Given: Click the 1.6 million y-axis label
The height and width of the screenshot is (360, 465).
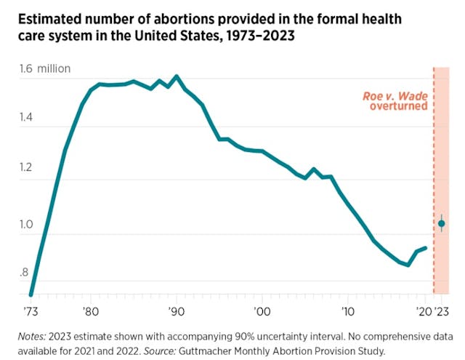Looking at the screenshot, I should (45, 69).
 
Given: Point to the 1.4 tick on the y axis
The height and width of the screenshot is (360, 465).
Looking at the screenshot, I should (27, 117).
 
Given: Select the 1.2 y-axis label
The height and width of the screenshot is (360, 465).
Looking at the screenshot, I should (27, 169).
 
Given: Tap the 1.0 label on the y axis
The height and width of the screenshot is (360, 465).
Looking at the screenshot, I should (27, 224).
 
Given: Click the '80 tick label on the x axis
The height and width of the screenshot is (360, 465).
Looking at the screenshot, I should (90, 310).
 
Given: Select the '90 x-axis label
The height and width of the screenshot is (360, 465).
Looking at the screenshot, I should (176, 310).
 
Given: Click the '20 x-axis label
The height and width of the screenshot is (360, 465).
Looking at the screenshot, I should (424, 310).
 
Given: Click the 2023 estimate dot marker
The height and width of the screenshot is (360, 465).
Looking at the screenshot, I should (441, 223).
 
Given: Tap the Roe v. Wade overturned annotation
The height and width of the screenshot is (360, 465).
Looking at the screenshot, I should (395, 101).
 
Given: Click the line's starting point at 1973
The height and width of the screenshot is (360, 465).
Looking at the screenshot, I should (31, 295).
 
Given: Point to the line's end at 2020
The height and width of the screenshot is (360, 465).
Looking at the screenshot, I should (425, 247).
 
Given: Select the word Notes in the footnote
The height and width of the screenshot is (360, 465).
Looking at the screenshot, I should (34, 336).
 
